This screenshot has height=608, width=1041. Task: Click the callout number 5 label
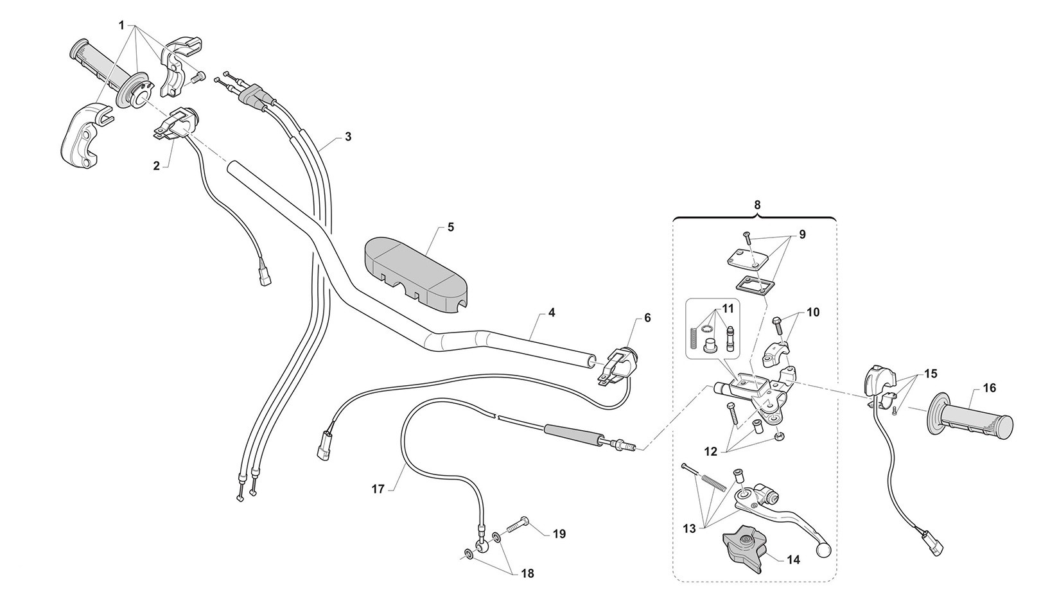[450, 227]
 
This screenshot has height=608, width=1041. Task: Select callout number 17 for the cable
[378, 489]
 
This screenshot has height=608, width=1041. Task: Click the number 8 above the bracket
[757, 205]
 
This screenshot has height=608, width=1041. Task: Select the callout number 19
[559, 534]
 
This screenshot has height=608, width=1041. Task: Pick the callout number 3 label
[347, 137]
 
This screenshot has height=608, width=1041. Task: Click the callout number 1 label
[121, 25]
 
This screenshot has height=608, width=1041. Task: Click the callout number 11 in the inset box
[727, 308]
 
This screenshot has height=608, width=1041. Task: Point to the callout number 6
[647, 318]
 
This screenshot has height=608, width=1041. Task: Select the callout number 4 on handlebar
[552, 313]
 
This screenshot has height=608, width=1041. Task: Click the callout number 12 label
[710, 451]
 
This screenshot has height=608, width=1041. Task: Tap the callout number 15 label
[931, 373]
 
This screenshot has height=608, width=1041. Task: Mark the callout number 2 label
[156, 166]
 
